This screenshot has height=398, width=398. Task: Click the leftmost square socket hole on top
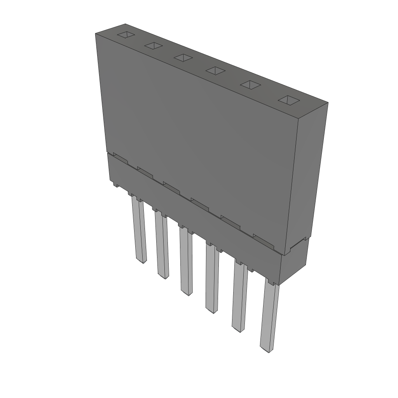click(126, 35)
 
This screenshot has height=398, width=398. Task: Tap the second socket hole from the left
click(153, 46)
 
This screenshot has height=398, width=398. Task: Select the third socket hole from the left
click(183, 58)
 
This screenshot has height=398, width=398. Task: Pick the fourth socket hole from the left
click(215, 70)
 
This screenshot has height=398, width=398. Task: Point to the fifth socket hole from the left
click(251, 85)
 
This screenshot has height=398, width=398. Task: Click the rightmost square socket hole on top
click(288, 100)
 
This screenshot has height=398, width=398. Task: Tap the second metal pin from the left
click(162, 245)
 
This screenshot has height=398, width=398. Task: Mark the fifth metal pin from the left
click(239, 297)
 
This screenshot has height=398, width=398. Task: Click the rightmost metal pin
click(269, 317)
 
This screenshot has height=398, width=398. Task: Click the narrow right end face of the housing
click(307, 175)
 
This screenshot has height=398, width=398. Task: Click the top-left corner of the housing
click(96, 34)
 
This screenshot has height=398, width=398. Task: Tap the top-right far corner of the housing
click(328, 103)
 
